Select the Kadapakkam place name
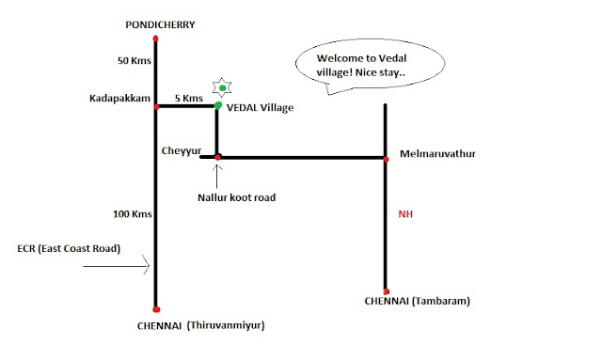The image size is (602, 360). click(x=117, y=98)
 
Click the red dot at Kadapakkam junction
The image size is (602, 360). click(x=156, y=106)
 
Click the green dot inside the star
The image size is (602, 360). click(x=222, y=88)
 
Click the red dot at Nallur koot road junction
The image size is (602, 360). click(x=218, y=156)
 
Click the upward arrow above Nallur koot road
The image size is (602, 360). click(x=218, y=175)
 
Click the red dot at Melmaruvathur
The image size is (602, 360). click(x=387, y=158)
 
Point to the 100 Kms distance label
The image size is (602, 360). click(x=131, y=215)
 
